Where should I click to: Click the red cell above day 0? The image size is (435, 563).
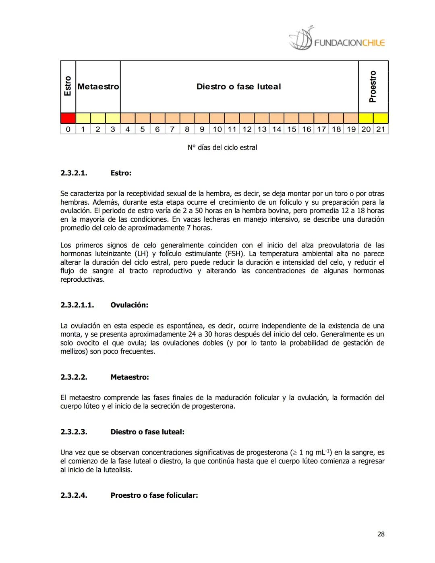pyautogui.click(x=68, y=118)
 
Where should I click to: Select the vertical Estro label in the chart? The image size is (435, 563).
pyautogui.click(x=68, y=86)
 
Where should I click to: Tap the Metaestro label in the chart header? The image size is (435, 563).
pyautogui.click(x=98, y=87)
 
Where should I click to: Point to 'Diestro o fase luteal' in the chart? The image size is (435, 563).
pyautogui.click(x=238, y=87)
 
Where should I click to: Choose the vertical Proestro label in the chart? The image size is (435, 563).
pyautogui.click(x=373, y=86)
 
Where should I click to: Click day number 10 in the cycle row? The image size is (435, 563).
pyautogui.click(x=217, y=129)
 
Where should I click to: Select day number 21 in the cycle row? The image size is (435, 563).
pyautogui.click(x=381, y=129)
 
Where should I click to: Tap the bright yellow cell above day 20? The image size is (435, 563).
pyautogui.click(x=366, y=118)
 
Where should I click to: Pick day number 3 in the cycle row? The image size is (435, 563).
pyautogui.click(x=113, y=129)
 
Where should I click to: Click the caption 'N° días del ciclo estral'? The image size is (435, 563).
pyautogui.click(x=222, y=148)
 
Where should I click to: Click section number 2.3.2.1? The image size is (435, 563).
pyautogui.click(x=74, y=173)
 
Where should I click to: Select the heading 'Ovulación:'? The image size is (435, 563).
pyautogui.click(x=129, y=305)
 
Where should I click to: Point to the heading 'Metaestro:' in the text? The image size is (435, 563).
pyautogui.click(x=130, y=377)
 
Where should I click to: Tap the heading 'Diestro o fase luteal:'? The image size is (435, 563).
pyautogui.click(x=147, y=432)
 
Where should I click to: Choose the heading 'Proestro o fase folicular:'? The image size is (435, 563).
pyautogui.click(x=154, y=495)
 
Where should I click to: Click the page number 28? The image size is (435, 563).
pyautogui.click(x=381, y=534)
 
